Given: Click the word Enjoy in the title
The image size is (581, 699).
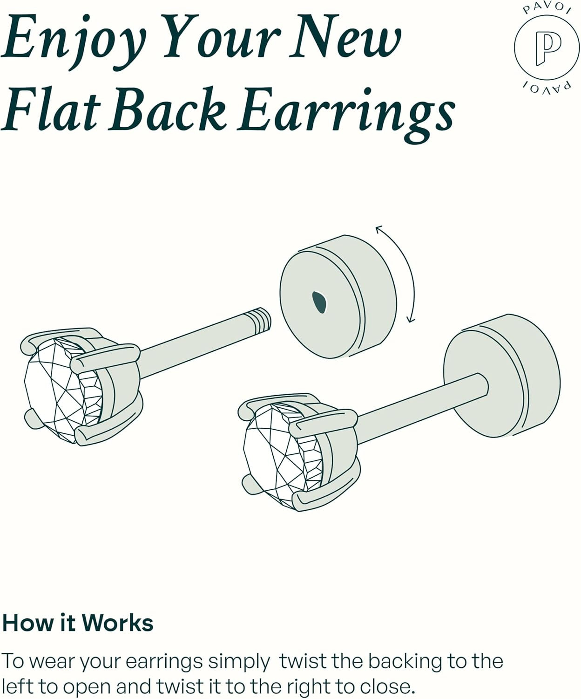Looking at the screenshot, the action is [x=74, y=42].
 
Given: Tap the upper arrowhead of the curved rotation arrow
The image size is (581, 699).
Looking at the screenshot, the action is [x=379, y=229].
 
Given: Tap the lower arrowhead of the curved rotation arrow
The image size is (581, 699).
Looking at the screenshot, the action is [x=411, y=320].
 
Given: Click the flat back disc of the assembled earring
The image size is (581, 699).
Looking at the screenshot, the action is [x=502, y=376].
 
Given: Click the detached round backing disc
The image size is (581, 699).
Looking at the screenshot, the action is [x=338, y=296].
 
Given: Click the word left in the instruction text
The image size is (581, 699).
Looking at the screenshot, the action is [x=19, y=687].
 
